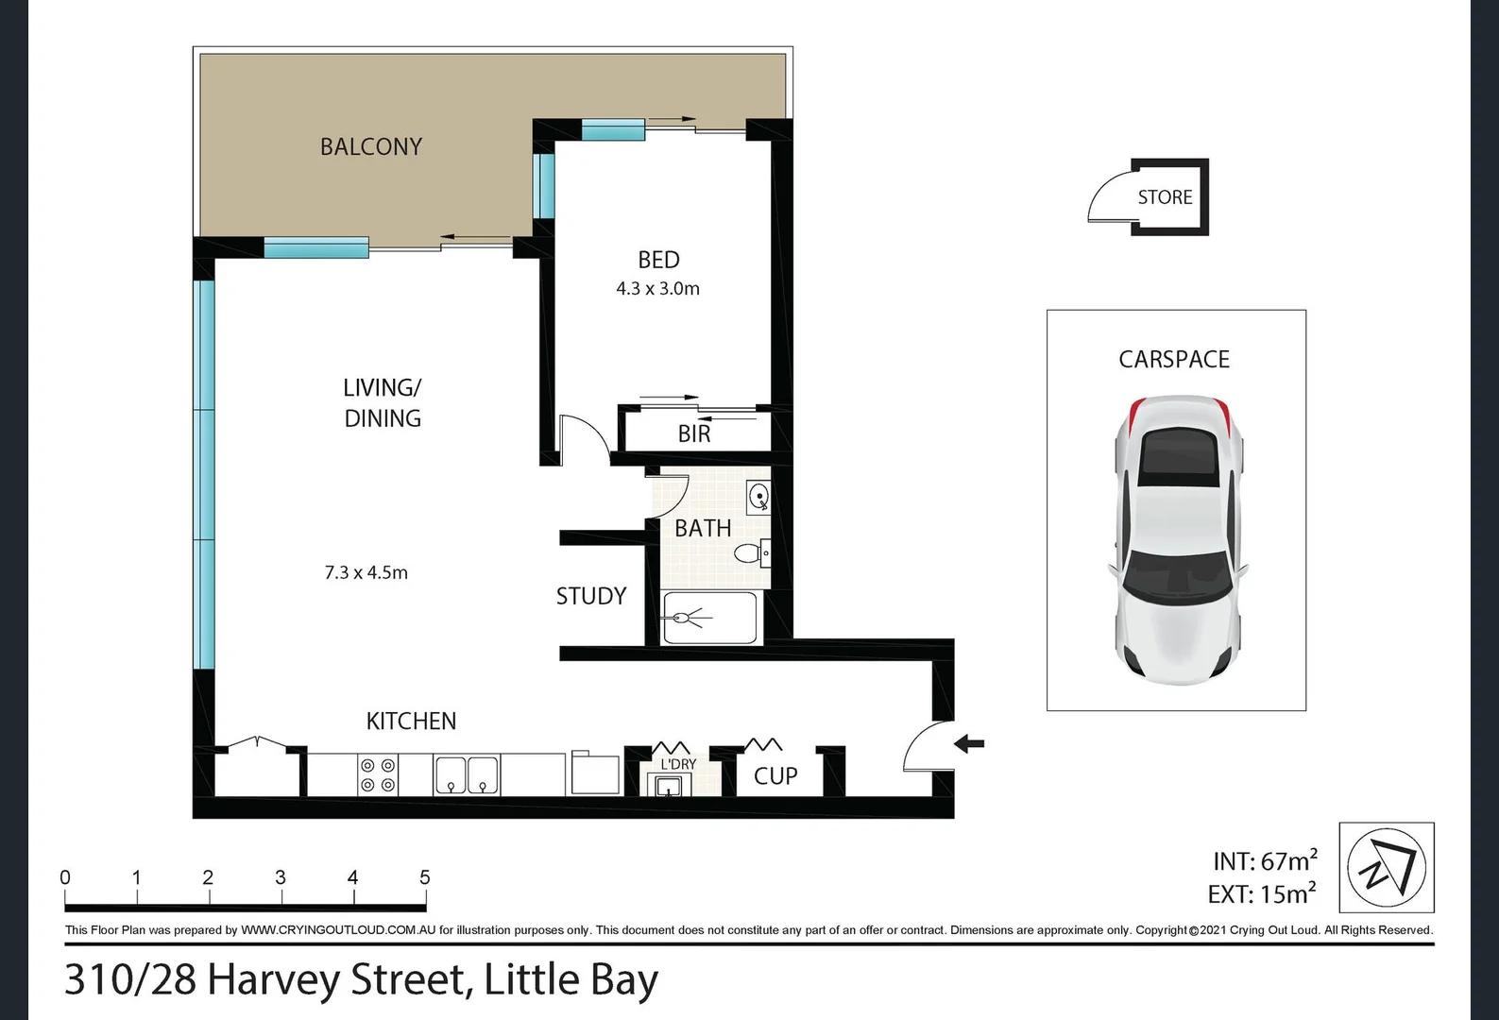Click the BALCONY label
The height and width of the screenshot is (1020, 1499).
click(x=370, y=146)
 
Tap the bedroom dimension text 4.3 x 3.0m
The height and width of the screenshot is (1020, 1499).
click(x=657, y=289)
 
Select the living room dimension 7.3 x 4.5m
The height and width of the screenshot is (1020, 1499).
click(x=366, y=572)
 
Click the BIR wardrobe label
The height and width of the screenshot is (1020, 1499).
click(x=693, y=433)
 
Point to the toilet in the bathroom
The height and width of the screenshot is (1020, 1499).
click(x=752, y=552)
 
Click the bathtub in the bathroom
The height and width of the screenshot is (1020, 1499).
click(x=710, y=619)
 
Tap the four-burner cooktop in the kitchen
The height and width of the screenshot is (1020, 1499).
click(x=378, y=774)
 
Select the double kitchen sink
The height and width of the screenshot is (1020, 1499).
click(x=467, y=774)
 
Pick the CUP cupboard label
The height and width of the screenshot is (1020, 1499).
click(x=775, y=775)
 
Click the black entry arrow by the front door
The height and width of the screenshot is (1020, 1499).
click(x=969, y=743)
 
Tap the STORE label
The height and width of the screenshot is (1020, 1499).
click(x=1165, y=197)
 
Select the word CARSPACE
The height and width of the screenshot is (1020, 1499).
click(x=1174, y=360)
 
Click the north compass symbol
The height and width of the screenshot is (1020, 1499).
click(x=1387, y=867)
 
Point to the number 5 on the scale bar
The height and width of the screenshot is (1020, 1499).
click(x=425, y=877)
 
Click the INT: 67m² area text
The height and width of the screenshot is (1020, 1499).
click(x=1264, y=860)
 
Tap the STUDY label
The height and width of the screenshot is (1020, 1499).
click(x=591, y=596)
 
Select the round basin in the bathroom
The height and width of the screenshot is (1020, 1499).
click(x=758, y=496)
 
